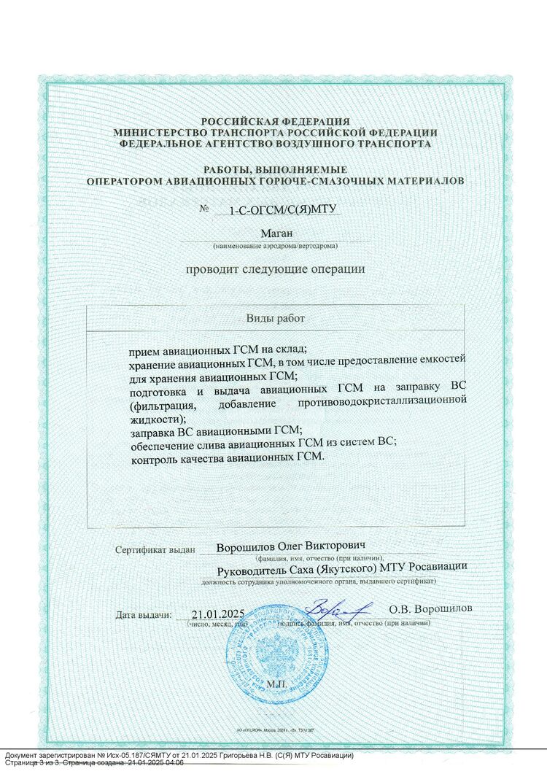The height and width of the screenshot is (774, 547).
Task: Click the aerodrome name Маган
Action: pyautogui.click(x=276, y=233)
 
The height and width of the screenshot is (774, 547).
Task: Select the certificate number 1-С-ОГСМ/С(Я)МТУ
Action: pyautogui.click(x=275, y=210)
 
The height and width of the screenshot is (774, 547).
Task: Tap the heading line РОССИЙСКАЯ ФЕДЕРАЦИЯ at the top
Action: pyautogui.click(x=276, y=122)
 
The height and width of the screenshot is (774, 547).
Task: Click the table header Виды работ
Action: pyautogui.click(x=276, y=319)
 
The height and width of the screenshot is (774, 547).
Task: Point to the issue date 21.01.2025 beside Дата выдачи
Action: pyautogui.click(x=217, y=614)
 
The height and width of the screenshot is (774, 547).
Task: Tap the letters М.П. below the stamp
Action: pyautogui.click(x=278, y=684)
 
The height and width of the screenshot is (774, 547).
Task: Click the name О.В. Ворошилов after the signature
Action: pyautogui.click(x=430, y=608)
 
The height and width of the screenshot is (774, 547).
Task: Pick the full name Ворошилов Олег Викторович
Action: pyautogui.click(x=290, y=546)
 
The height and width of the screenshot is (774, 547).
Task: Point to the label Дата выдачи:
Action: pyautogui.click(x=144, y=615)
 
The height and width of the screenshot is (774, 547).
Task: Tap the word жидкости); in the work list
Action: pyautogui.click(x=153, y=419)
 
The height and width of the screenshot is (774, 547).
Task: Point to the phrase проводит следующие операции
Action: pyautogui.click(x=275, y=268)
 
